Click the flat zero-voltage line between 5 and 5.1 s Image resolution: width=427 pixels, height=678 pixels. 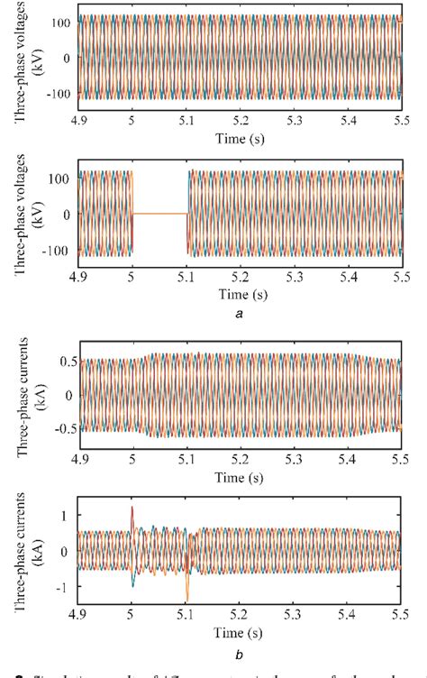tap(159, 214)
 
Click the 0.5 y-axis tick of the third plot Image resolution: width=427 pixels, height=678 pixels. tap(60, 362)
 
